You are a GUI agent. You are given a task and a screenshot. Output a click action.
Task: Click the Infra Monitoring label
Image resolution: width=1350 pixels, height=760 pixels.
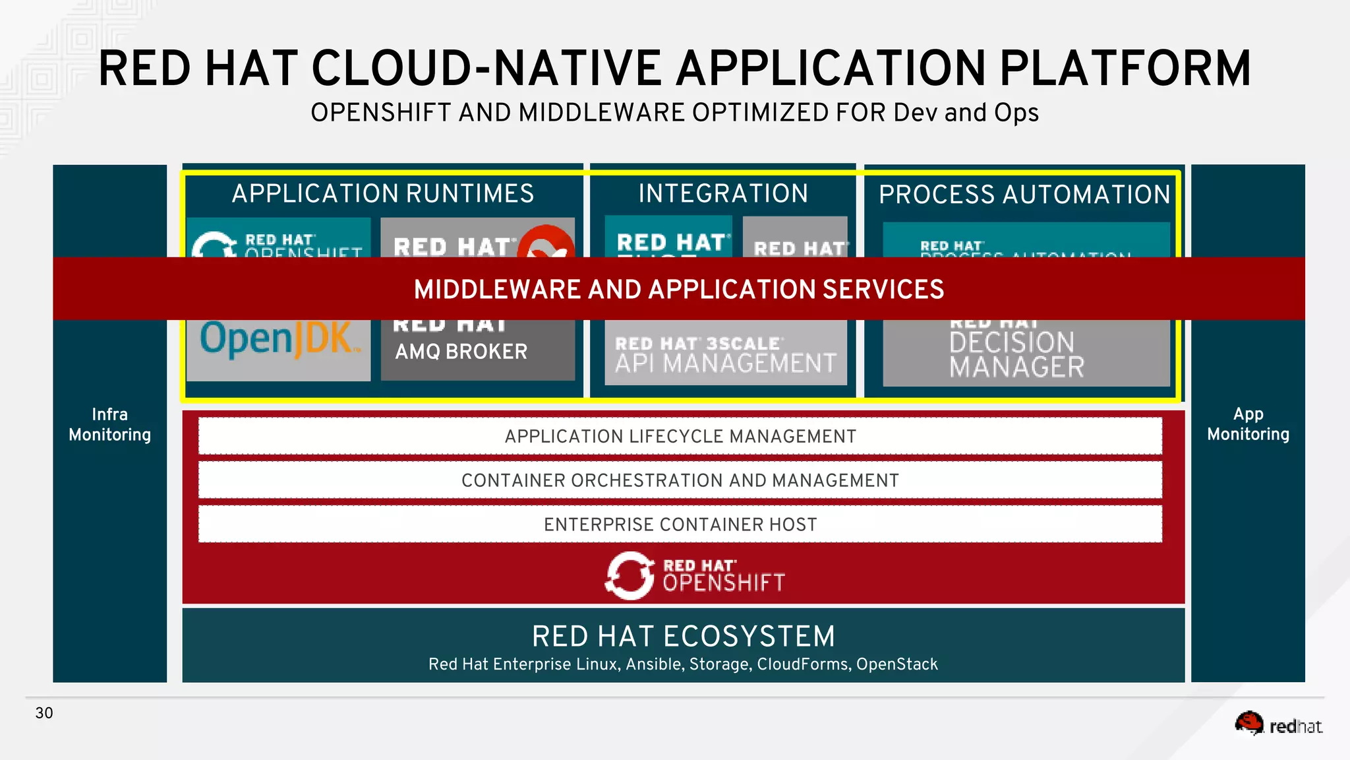pyautogui.click(x=109, y=424)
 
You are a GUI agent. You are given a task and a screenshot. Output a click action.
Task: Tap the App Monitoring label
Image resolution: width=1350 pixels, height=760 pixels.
pyautogui.click(x=1248, y=424)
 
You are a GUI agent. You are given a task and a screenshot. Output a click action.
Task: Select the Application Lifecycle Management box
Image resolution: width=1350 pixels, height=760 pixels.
pyautogui.click(x=680, y=436)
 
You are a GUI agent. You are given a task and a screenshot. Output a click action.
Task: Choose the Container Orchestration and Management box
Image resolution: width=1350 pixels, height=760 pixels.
pyautogui.click(x=680, y=480)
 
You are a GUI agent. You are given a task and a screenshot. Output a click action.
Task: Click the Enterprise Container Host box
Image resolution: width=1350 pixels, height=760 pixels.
pyautogui.click(x=680, y=524)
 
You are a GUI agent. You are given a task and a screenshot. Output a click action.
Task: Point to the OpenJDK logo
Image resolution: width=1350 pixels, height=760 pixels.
pyautogui.click(x=278, y=340)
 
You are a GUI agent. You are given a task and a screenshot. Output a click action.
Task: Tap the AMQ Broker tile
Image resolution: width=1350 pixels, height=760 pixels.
pyautogui.click(x=477, y=350)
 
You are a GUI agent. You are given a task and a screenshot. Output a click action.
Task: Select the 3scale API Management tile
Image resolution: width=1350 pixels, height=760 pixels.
pyautogui.click(x=725, y=354)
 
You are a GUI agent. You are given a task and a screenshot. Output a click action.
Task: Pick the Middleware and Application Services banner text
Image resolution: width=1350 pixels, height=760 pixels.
pyautogui.click(x=679, y=290)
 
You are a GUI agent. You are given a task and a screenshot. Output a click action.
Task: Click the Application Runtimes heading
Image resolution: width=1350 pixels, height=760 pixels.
pyautogui.click(x=382, y=194)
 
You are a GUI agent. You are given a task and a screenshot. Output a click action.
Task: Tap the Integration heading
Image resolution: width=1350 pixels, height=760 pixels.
pyautogui.click(x=723, y=194)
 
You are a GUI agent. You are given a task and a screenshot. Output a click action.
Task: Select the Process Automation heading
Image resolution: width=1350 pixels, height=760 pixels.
pyautogui.click(x=1024, y=195)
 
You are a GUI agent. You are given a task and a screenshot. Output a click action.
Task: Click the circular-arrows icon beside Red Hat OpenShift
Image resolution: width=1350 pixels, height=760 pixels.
pyautogui.click(x=630, y=575)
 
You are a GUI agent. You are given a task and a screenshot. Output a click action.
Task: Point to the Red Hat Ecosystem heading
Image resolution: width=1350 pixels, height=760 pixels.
pyautogui.click(x=684, y=637)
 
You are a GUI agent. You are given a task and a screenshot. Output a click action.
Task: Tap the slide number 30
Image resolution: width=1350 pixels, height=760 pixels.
pyautogui.click(x=44, y=713)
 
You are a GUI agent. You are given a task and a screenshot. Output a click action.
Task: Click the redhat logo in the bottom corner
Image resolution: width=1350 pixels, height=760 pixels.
pyautogui.click(x=1279, y=724)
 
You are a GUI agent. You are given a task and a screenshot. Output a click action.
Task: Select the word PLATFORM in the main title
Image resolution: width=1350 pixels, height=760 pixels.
pyautogui.click(x=1125, y=69)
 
